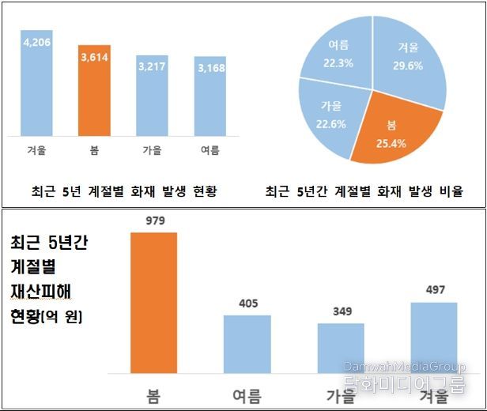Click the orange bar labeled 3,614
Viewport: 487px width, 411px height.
(x=94, y=91)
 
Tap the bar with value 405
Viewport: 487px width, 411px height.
(x=247, y=344)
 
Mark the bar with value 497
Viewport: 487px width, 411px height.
(x=434, y=337)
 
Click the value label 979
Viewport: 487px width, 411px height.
(x=153, y=221)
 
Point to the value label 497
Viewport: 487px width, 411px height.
(x=434, y=291)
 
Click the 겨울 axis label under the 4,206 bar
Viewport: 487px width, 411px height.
(x=36, y=149)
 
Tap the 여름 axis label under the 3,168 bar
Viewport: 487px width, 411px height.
(x=210, y=149)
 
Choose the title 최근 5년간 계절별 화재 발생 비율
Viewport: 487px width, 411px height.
(x=364, y=191)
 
